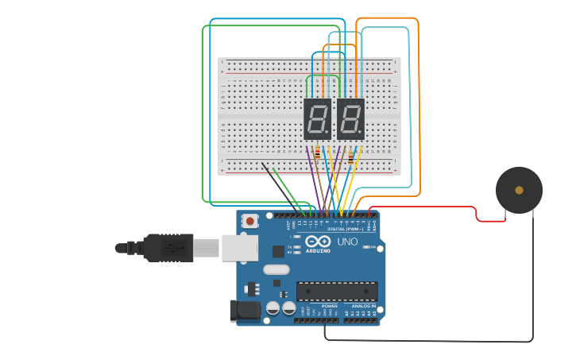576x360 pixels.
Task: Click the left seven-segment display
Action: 318,119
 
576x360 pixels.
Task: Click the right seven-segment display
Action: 350,119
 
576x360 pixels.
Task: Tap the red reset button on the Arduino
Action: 250,221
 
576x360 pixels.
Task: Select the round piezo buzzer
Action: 519,190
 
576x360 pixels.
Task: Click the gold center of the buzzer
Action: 519,190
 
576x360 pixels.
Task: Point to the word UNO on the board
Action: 348,242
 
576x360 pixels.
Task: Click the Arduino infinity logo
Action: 317,242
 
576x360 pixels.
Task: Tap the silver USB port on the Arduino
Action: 238,248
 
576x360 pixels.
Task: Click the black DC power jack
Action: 245,311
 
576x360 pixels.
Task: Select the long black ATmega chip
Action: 337,291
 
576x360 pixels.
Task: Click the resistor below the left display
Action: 318,153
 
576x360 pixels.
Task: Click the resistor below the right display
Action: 350,157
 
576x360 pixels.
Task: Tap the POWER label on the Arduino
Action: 330,306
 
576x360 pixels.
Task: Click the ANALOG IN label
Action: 363,306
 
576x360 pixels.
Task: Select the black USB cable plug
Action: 168,248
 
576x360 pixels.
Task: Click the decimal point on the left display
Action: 328,134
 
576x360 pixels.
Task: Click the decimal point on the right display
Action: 361,134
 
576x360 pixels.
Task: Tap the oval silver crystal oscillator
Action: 276,269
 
